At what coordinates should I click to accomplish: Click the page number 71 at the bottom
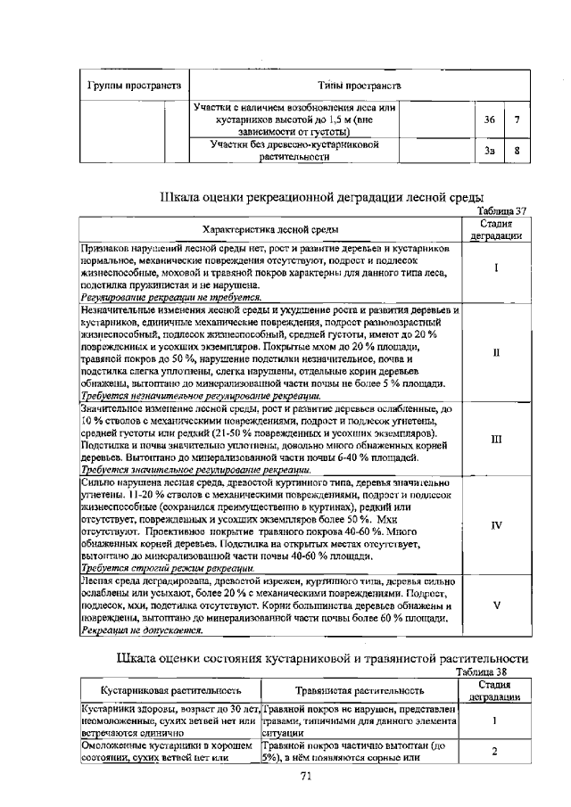click(x=304, y=776)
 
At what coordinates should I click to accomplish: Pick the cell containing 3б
click(x=489, y=119)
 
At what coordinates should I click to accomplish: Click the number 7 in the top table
click(x=517, y=119)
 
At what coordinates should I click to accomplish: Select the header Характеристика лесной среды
click(x=269, y=229)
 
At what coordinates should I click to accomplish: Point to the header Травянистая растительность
click(x=360, y=690)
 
